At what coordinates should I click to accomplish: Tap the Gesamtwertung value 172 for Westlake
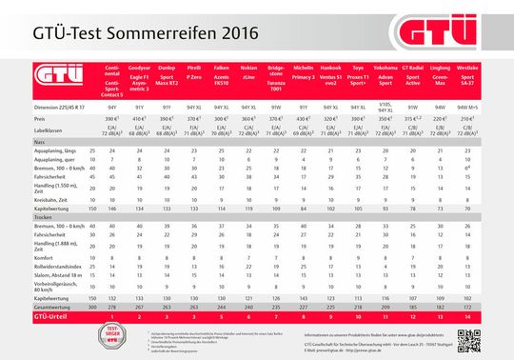(467, 309)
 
